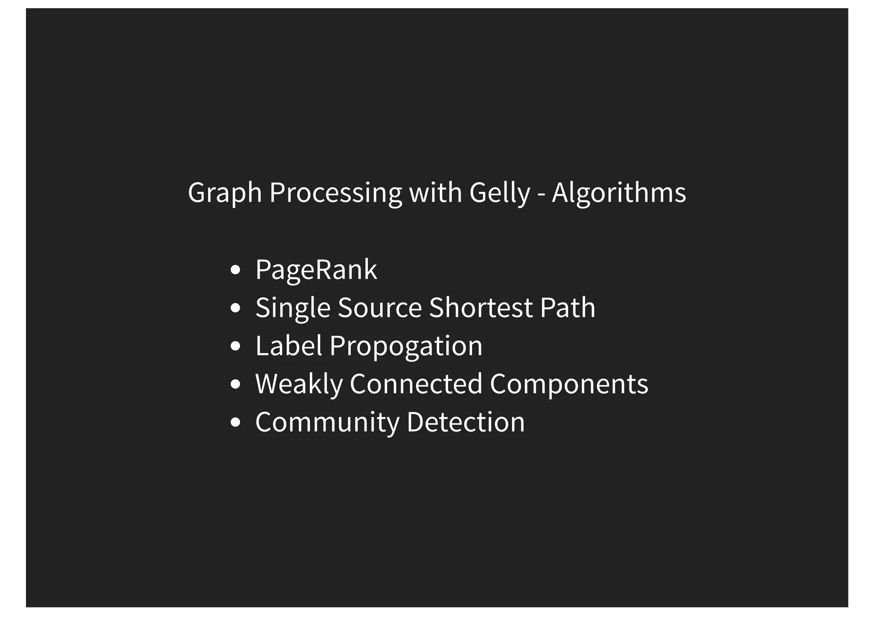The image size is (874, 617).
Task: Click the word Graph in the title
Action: (224, 193)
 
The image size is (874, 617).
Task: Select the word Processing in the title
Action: (335, 193)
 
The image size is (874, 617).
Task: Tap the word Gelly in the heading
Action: (499, 193)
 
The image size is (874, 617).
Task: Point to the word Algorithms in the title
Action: (619, 192)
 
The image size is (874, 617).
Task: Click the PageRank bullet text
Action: (316, 270)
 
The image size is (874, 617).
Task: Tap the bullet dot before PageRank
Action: (235, 270)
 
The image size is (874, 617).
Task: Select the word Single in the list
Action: (293, 308)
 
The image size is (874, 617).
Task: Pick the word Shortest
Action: (481, 307)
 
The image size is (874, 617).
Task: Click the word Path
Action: (567, 307)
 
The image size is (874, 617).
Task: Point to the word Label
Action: (288, 345)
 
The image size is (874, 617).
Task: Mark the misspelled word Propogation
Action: (406, 346)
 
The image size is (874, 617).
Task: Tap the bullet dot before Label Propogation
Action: (235, 346)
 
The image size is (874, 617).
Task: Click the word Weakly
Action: (299, 384)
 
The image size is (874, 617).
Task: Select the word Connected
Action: (416, 384)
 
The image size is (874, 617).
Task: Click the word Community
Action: (327, 422)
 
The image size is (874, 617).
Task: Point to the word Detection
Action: (466, 422)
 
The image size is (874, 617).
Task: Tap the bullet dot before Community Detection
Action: (235, 422)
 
